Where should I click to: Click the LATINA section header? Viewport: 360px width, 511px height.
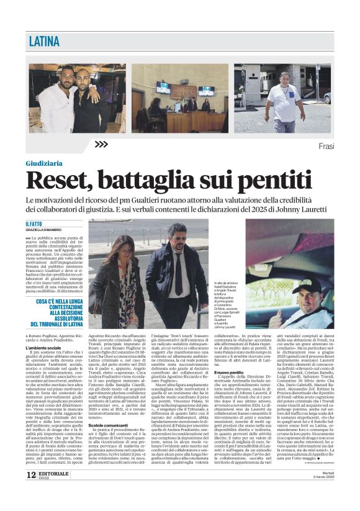pos(45,42)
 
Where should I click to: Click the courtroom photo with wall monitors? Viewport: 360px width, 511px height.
pos(179,97)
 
